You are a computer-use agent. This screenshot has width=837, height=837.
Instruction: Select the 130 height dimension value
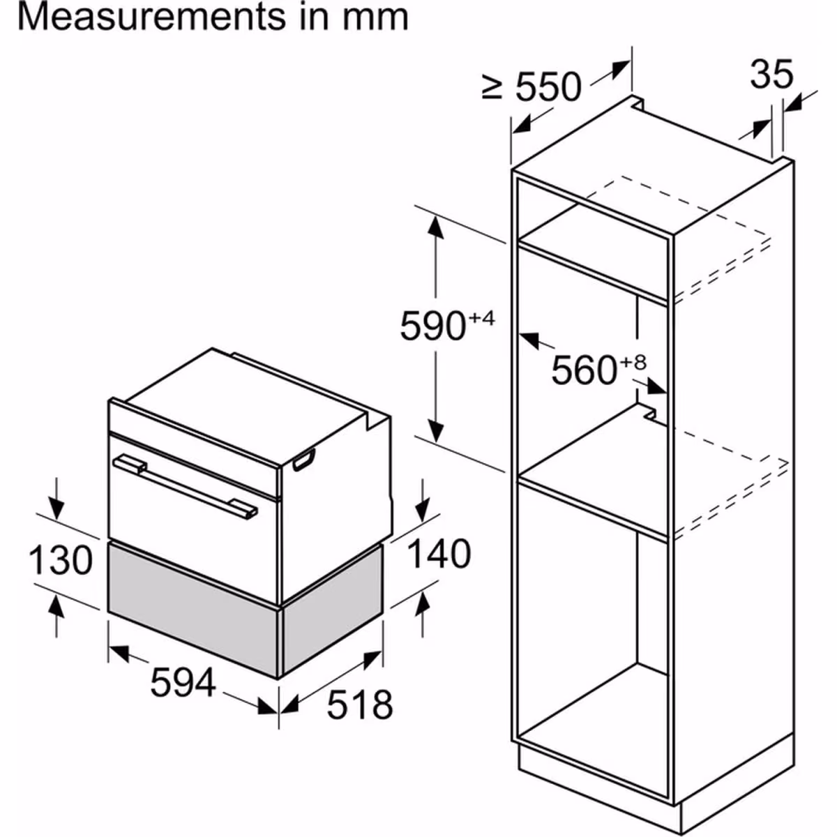coord(61,560)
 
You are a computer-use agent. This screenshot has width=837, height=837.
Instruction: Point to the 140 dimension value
coord(439,554)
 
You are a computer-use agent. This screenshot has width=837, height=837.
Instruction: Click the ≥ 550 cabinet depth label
coord(531,87)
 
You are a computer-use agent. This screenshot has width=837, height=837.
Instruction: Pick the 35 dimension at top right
coord(771,74)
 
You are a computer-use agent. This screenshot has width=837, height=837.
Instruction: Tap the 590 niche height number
coord(433,326)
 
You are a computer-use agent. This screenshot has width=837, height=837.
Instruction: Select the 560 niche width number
coord(584,370)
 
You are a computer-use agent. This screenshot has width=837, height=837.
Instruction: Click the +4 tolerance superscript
coord(481,318)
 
